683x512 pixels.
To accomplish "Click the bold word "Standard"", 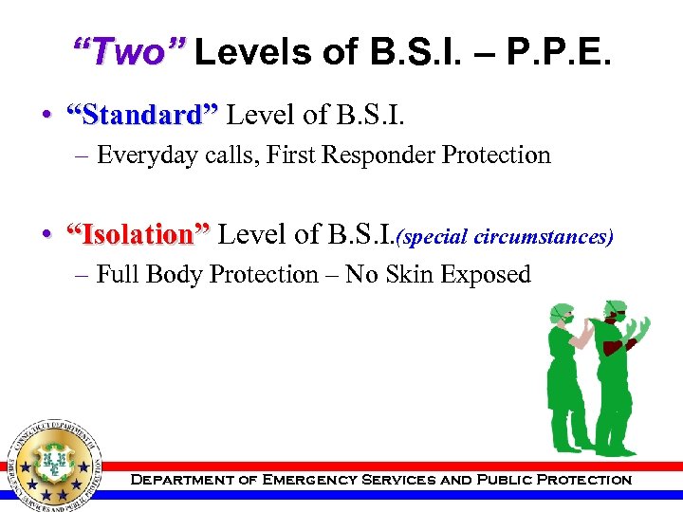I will [140, 116].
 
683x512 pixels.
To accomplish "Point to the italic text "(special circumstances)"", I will [506, 235].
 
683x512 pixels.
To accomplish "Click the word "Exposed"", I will [490, 275].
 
